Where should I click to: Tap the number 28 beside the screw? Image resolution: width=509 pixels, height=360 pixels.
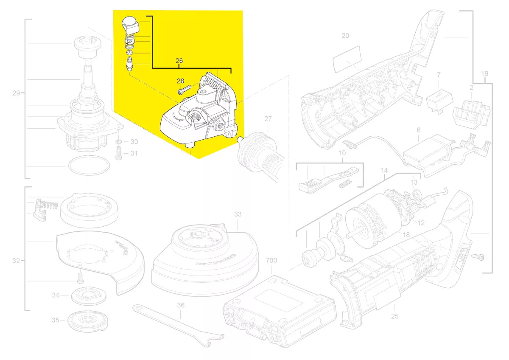(180, 81)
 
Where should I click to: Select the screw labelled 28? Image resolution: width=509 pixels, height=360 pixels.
(183, 90)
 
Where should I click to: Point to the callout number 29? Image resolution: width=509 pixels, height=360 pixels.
(16, 93)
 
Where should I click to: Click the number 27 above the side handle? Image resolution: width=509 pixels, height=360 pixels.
(268, 119)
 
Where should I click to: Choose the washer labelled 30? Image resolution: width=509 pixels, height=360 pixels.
(119, 141)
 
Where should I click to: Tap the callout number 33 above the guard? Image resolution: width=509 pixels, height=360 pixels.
(238, 214)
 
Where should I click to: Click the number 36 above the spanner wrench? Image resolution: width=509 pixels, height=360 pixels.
(181, 305)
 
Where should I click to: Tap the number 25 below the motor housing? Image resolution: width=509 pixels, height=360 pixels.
(395, 316)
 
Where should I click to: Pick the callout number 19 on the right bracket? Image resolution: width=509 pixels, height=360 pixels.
(485, 74)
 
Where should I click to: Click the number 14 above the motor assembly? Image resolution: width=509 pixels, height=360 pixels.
(384, 171)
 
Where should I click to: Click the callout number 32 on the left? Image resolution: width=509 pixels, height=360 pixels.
(16, 261)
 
